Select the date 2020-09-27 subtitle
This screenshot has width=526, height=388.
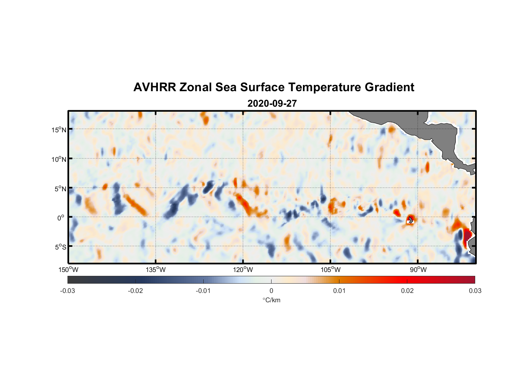272,104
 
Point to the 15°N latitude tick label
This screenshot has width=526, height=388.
59,130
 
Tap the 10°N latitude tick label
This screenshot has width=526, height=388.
59,159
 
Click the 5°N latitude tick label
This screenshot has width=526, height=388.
60,189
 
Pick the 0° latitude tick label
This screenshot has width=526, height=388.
61,218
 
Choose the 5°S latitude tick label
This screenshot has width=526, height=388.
60,247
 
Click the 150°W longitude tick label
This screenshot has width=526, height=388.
68,270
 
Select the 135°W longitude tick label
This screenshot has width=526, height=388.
156,270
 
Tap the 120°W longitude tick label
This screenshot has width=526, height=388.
243,270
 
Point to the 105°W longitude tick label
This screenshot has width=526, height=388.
330,270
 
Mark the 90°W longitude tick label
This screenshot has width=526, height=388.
418,270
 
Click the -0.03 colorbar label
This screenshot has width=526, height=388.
67,291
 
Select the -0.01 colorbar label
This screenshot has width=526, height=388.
203,291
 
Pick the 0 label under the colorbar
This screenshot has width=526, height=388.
271,291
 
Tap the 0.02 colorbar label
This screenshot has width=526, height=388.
407,291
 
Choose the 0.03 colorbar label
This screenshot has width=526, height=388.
475,291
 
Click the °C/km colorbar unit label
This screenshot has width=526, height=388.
271,300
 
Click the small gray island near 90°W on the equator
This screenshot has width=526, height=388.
410,220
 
